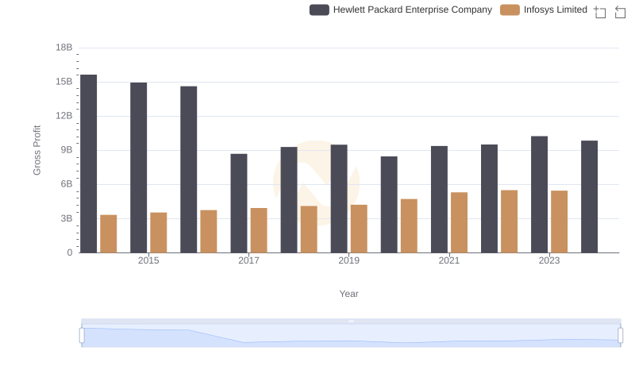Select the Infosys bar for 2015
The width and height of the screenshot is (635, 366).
pyautogui.click(x=159, y=233)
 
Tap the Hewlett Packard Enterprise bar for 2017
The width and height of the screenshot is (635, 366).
pyautogui.click(x=239, y=203)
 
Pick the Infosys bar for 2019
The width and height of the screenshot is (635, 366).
pyautogui.click(x=359, y=229)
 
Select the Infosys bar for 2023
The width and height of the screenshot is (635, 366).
pyautogui.click(x=560, y=222)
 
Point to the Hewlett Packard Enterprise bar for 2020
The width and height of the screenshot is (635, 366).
pyautogui.click(x=389, y=205)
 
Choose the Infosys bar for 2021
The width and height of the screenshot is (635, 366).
pyautogui.click(x=459, y=222)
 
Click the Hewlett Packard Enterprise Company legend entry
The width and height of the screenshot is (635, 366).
pyautogui.click(x=401, y=10)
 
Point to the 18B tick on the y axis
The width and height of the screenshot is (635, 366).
pyautogui.click(x=63, y=48)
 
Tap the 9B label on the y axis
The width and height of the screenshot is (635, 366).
pyautogui.click(x=66, y=150)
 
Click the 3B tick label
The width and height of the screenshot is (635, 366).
pyautogui.click(x=66, y=218)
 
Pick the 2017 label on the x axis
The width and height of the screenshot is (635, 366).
pyautogui.click(x=248, y=260)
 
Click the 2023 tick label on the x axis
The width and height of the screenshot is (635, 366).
pyautogui.click(x=549, y=260)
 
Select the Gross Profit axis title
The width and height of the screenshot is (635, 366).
pyautogui.click(x=37, y=150)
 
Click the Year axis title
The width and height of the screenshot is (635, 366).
pyautogui.click(x=349, y=294)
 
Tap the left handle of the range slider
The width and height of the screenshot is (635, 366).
pyautogui.click(x=82, y=335)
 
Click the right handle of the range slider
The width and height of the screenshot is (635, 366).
pyautogui.click(x=621, y=335)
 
